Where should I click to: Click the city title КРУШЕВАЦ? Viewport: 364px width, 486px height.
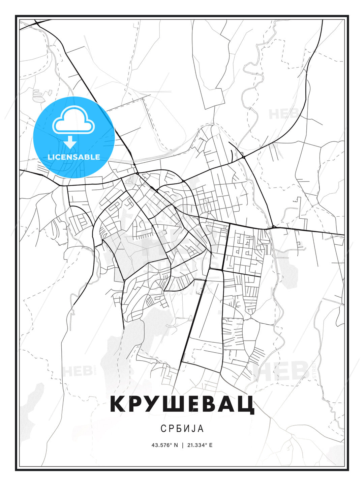pos(182,404)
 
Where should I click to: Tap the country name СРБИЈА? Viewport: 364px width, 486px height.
pos(182,428)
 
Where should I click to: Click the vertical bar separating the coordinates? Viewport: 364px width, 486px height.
pos(182,445)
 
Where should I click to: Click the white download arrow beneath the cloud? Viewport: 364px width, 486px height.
pos(70,142)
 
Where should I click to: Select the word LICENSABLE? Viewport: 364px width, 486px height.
pos(74,157)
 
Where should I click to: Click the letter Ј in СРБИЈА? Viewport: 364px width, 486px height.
pos(192,428)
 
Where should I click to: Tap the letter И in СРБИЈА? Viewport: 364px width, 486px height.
pos(186,428)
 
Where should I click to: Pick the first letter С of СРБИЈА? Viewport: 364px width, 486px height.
pos(163,428)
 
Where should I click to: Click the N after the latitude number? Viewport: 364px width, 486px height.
pos(176,445)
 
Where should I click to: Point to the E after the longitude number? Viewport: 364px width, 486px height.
pos(211,445)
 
